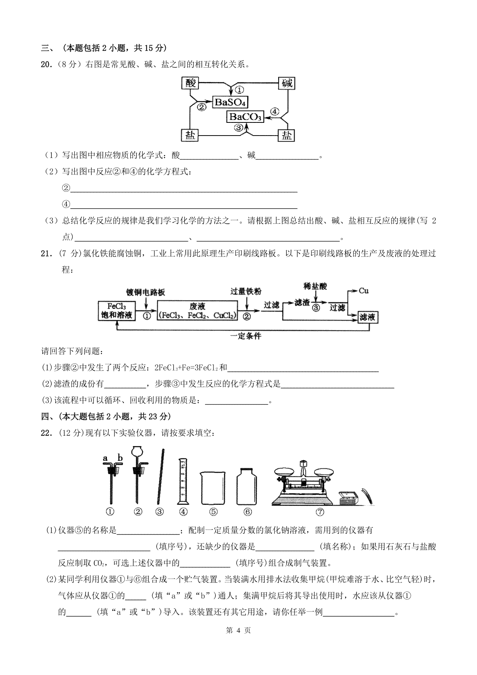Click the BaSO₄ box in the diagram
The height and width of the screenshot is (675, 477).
point(230,103)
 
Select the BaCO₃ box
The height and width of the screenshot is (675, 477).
point(245,116)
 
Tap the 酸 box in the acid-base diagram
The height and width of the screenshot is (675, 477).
point(190,83)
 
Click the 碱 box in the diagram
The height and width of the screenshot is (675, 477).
point(287,83)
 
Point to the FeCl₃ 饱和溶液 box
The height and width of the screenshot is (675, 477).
point(116,311)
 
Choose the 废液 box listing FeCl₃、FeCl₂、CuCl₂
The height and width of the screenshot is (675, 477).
point(198,310)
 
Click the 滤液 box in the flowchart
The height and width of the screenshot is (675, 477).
point(368,317)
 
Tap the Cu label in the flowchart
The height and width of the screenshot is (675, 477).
point(363,291)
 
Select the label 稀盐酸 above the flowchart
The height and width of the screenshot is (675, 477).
point(315,286)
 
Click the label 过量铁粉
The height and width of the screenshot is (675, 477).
point(246,291)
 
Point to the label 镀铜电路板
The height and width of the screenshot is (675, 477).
point(145,292)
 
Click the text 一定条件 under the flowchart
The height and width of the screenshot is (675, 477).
point(246,336)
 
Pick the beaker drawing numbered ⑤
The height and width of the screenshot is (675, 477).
point(213,488)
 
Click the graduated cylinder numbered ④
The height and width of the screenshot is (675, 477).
point(183,481)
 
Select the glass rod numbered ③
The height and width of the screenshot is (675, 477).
point(161,476)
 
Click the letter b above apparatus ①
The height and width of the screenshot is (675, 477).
point(120,458)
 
